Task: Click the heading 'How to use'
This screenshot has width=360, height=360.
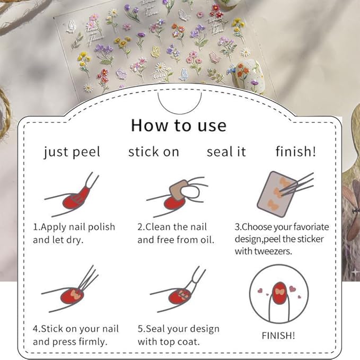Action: [x=179, y=125]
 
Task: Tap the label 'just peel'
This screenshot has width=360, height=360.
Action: [x=72, y=152]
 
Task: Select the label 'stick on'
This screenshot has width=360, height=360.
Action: [x=154, y=152]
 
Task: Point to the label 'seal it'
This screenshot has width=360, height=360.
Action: [x=226, y=152]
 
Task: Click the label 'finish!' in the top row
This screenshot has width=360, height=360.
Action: [x=295, y=152]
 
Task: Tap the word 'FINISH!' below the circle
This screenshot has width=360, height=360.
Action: [x=278, y=335]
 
